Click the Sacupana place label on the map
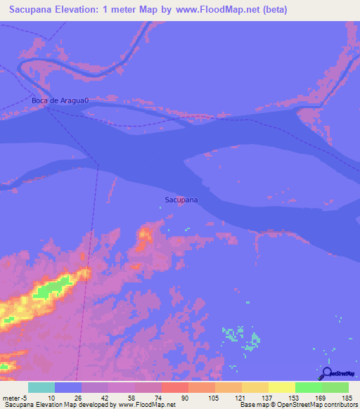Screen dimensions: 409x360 point(181,200)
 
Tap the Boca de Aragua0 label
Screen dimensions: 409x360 point(61,100)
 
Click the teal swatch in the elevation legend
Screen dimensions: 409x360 point(41,387)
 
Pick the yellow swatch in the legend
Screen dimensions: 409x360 point(281,387)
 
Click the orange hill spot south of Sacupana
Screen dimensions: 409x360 point(146,235)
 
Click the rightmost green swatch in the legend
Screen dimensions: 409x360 point(335,387)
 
